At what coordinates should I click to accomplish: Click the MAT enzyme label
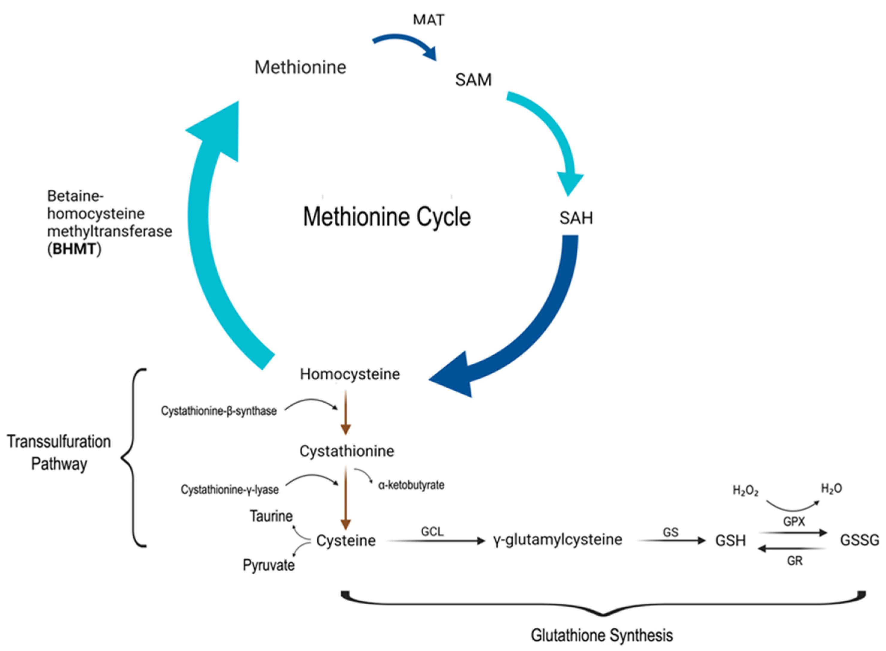tap(428, 20)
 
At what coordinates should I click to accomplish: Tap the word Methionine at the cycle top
tap(300, 67)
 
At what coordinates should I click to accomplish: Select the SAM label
tap(473, 80)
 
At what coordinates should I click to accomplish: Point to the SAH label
tap(576, 218)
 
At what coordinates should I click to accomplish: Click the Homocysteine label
tap(350, 374)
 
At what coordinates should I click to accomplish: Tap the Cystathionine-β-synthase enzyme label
tap(219, 411)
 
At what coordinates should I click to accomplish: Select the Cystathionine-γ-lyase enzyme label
tap(230, 490)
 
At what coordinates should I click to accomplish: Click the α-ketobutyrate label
tap(411, 485)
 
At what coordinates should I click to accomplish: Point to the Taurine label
tap(271, 516)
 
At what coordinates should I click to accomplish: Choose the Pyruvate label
tap(269, 565)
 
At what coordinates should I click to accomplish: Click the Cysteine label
tap(346, 541)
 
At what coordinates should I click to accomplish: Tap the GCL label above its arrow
tap(432, 531)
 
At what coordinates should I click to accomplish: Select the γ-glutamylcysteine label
tap(558, 540)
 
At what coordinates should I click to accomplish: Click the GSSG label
tap(860, 540)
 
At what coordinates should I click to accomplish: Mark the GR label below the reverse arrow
tap(795, 561)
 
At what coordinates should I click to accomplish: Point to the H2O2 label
tap(745, 491)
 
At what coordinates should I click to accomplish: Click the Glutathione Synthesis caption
tap(602, 635)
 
